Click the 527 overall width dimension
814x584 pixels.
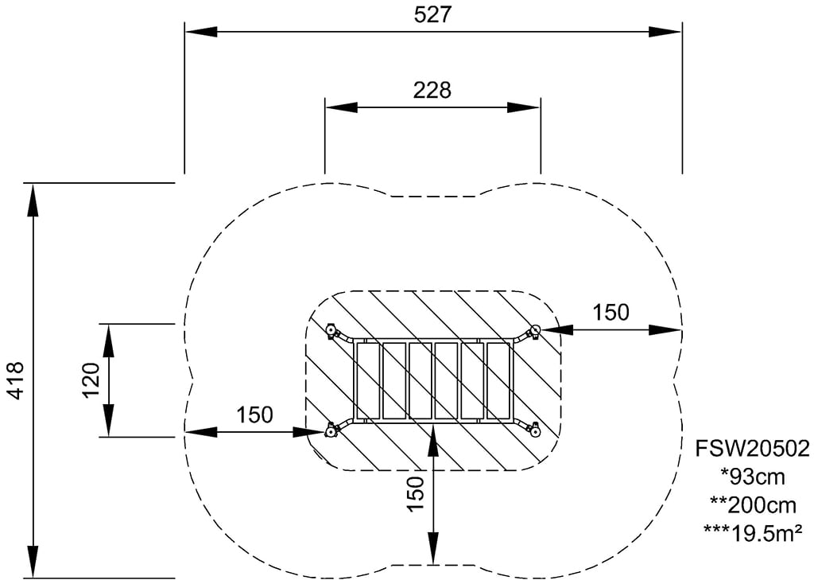click(433, 14)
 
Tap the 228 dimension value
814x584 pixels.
click(432, 91)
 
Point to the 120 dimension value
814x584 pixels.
click(91, 380)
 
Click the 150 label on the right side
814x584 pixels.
click(611, 312)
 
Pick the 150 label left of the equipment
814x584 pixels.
click(254, 415)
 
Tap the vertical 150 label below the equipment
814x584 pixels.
click(415, 493)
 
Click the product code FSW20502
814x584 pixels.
click(752, 449)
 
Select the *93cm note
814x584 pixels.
click(752, 477)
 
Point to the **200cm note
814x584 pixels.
click(752, 504)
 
